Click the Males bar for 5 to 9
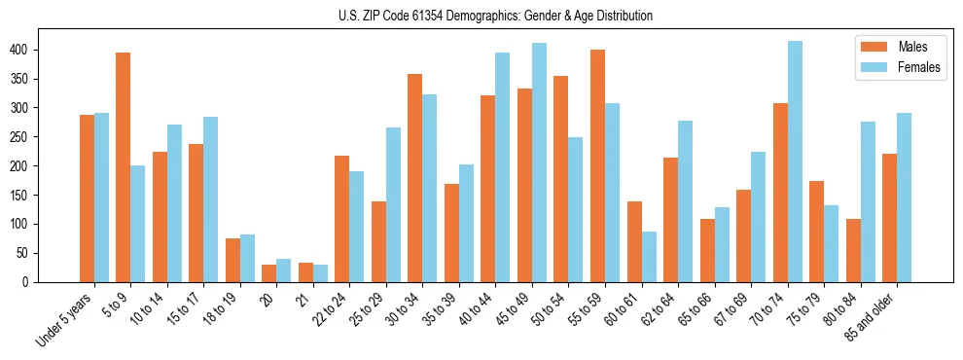(x=123, y=167)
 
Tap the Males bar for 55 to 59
(x=597, y=165)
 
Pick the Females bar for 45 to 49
(x=539, y=162)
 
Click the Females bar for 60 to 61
(x=649, y=257)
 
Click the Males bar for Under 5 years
(x=87, y=198)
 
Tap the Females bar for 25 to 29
(x=393, y=204)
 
